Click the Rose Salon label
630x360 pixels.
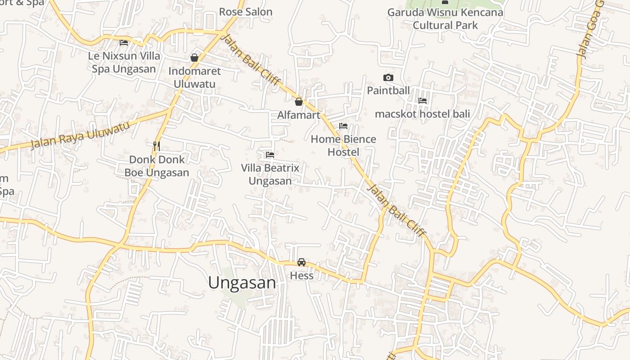(246, 12)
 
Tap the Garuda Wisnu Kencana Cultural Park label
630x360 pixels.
(445, 18)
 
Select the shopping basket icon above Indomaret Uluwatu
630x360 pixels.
(194, 58)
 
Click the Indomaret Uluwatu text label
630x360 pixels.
(194, 77)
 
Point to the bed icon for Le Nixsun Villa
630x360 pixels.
(124, 43)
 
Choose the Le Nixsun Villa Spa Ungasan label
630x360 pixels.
(124, 63)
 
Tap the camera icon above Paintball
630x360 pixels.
(388, 78)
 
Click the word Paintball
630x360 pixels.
(388, 90)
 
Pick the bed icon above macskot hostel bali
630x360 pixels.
(423, 101)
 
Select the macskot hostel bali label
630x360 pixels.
(422, 114)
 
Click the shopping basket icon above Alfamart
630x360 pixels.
(298, 102)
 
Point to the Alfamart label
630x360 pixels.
(299, 115)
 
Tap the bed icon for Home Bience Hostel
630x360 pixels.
(343, 126)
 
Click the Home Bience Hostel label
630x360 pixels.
(343, 145)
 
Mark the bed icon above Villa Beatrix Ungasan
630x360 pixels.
(270, 155)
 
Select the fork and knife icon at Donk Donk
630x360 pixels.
(157, 146)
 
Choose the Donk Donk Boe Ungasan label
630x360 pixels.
(157, 166)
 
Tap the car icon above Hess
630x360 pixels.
(301, 262)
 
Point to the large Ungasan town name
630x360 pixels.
(242, 283)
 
